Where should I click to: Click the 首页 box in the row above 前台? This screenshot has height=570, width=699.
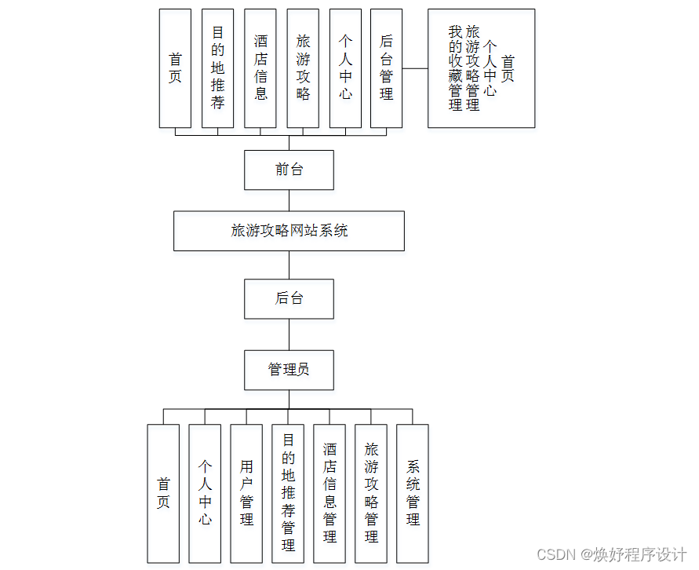coord(175,68)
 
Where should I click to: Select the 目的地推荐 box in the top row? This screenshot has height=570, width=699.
coord(217,68)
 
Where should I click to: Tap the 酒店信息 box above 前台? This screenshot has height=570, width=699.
coord(260,68)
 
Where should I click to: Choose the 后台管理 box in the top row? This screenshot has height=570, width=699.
coord(386,68)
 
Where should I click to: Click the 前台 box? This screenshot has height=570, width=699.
coord(289,170)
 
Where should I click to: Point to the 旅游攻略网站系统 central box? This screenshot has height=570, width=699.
coord(289,231)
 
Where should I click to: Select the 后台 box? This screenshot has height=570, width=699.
coord(289,298)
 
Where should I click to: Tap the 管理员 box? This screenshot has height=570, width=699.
coord(289,370)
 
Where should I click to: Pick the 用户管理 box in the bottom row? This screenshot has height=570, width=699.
coord(246,493)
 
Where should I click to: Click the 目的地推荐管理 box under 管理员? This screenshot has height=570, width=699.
coord(288,493)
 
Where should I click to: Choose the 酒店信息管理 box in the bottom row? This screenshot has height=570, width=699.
coord(329,493)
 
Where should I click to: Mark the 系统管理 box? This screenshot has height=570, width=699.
coord(413,493)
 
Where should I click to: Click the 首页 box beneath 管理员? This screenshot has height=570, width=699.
coord(163,493)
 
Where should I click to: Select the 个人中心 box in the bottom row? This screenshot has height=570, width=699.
coord(205,493)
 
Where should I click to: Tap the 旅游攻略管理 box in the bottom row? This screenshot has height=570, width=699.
coord(371,493)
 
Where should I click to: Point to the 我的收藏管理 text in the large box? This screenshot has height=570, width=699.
coord(455,68)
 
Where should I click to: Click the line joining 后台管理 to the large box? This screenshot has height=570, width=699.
coord(415,68)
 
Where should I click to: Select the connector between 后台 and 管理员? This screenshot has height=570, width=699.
coord(289,334)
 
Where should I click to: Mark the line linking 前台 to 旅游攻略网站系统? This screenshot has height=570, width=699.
coord(289,200)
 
